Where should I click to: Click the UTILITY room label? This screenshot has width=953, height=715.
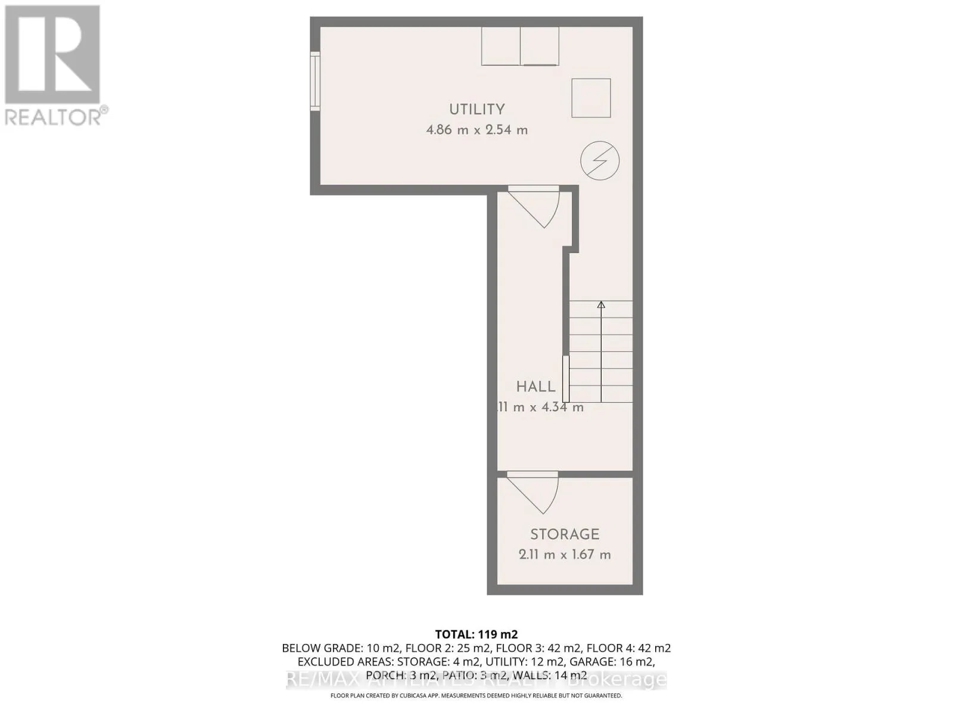click(x=476, y=109)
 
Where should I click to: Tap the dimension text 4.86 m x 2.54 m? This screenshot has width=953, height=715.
click(x=476, y=129)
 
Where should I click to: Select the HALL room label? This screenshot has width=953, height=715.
click(x=535, y=387)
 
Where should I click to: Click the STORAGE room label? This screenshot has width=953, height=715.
click(x=565, y=534)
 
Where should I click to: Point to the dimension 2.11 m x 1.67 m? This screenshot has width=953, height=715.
click(x=565, y=554)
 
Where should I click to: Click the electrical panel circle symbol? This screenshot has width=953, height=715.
click(x=600, y=160)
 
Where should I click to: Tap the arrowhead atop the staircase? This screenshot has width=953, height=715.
click(x=601, y=305)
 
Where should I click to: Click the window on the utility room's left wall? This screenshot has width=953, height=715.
click(x=315, y=80)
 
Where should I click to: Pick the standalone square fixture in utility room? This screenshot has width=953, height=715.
click(x=591, y=98)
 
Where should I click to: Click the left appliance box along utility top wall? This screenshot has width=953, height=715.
click(x=500, y=46)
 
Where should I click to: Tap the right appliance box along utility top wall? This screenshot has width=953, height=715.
click(x=540, y=46)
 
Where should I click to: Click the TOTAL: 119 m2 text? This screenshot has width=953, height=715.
click(x=476, y=634)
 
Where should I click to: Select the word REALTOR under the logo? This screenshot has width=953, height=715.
click(x=52, y=116)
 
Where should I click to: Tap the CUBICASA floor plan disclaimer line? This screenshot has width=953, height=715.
click(x=476, y=695)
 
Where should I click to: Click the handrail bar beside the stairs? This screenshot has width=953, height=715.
click(x=566, y=379)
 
